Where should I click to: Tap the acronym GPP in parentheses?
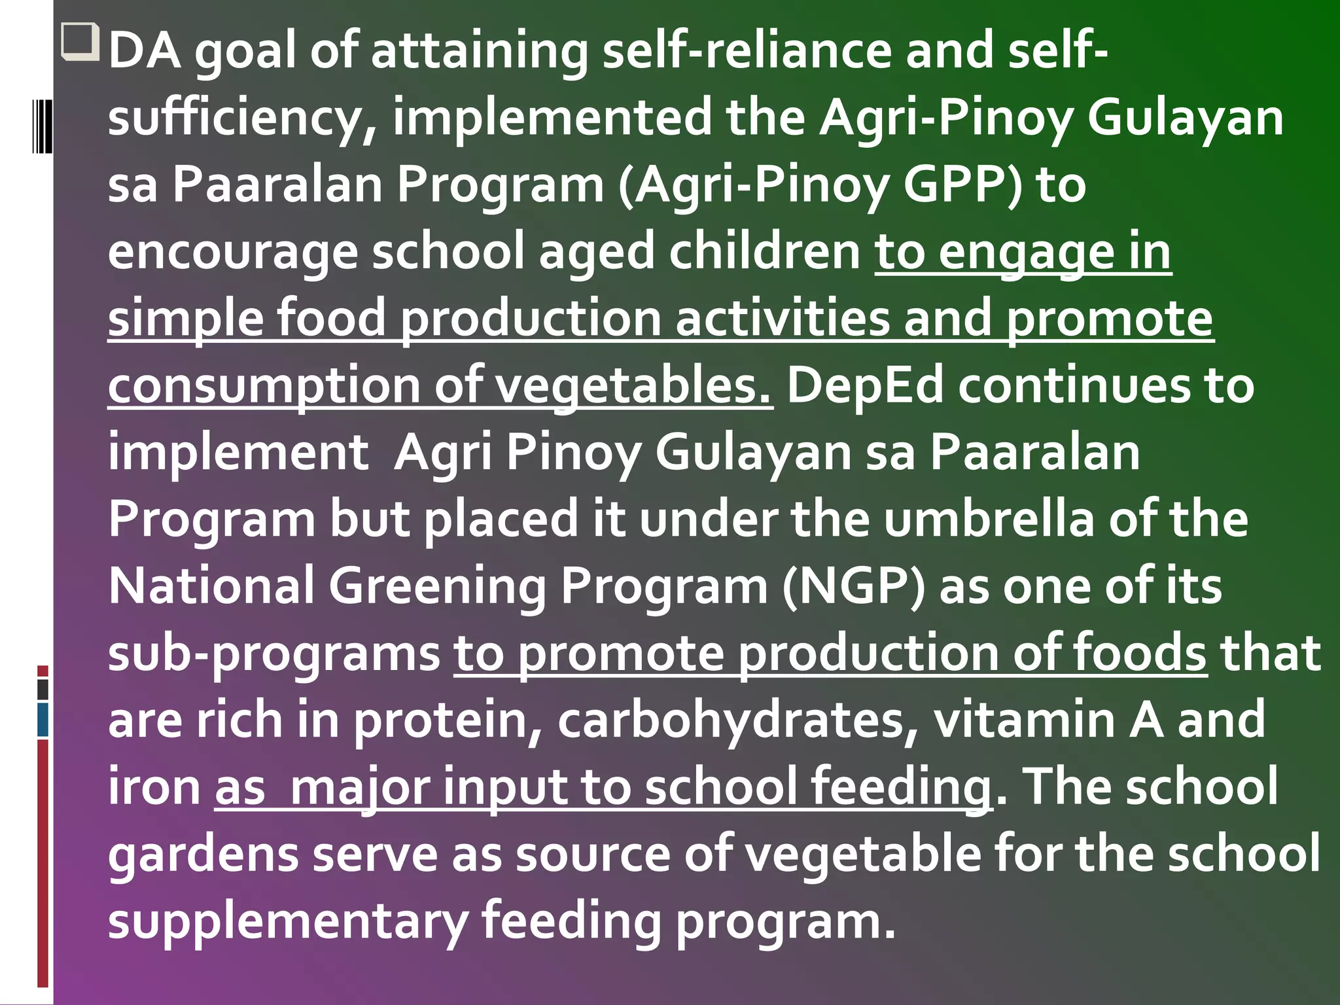[961, 185]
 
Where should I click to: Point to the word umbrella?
[988, 519]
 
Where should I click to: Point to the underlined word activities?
[782, 319]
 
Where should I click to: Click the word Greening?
[437, 586]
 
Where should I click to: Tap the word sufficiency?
[242, 118]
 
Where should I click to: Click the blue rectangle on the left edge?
[43, 719]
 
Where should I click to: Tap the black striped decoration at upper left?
[43, 126]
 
